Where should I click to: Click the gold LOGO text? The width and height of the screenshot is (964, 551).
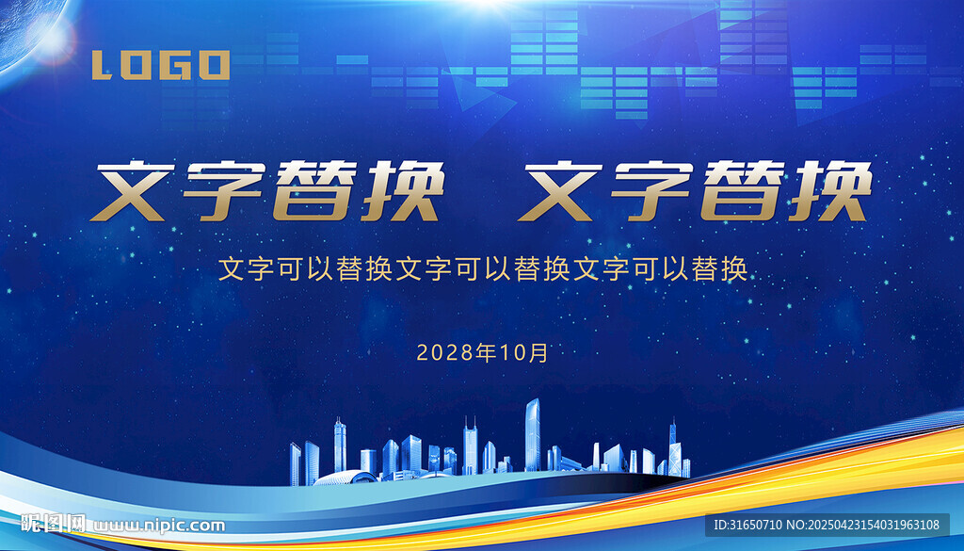coord(161,65)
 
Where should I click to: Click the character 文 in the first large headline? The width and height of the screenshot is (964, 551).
coord(133,191)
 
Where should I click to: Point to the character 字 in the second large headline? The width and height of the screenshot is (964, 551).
coord(651,191)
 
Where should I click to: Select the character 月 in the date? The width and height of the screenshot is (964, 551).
coord(538,353)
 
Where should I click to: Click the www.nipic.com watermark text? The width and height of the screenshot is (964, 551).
coord(158,526)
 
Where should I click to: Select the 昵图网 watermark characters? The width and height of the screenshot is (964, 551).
coord(53,524)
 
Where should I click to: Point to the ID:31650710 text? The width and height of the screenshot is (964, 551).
coord(747,526)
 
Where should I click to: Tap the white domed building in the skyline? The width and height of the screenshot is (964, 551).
coord(345,478)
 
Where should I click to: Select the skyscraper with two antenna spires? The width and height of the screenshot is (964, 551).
coord(470,447)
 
